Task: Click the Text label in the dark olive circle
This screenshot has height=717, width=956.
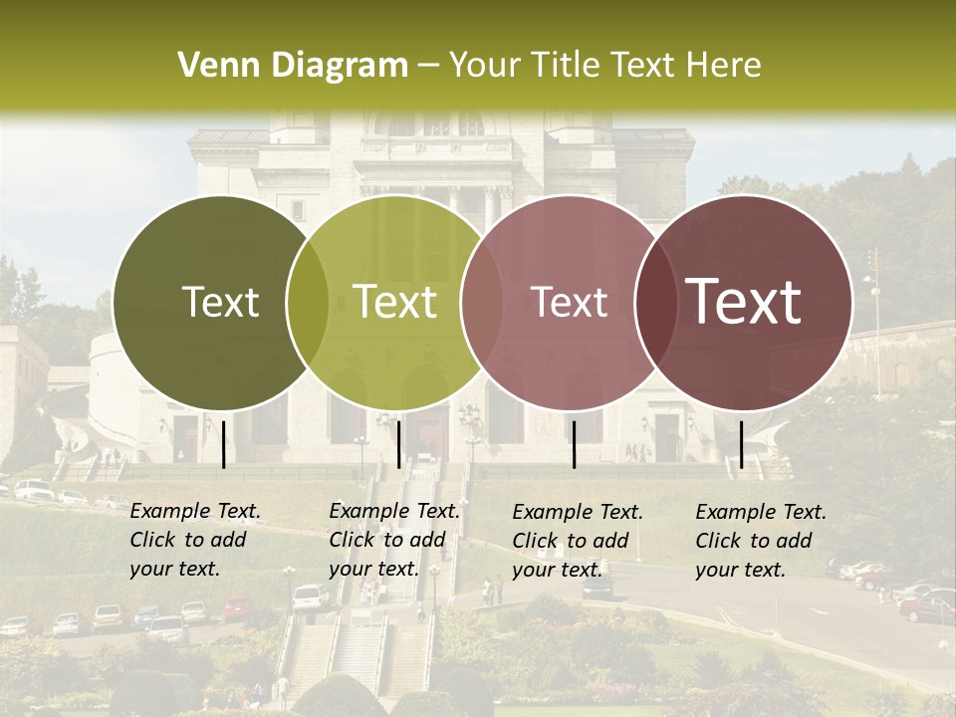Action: tap(220, 302)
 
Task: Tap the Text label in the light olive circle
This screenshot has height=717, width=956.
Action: tap(395, 302)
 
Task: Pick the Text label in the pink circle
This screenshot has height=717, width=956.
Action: tap(570, 302)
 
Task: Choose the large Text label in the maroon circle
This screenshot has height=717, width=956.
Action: tap(744, 302)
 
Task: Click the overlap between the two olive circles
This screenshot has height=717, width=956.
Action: tap(308, 303)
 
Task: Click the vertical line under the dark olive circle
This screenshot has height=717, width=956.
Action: tap(223, 444)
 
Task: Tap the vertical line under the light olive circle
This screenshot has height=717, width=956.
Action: tap(398, 444)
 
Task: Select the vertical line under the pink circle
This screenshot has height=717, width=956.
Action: tap(575, 444)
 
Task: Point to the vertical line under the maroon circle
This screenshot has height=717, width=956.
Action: tap(741, 444)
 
